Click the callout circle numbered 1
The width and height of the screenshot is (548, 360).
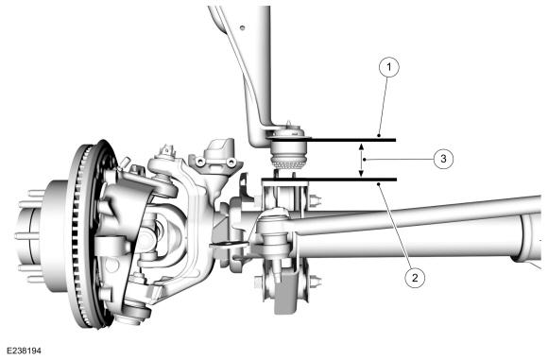(389, 66)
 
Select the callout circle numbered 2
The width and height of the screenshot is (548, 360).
(415, 278)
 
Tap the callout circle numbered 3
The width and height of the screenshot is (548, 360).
(443, 159)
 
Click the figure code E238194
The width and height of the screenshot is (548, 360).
(24, 351)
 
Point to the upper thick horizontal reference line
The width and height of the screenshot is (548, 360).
(332, 140)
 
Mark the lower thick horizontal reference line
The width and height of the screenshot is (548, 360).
(329, 180)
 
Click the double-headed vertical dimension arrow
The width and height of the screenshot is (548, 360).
(362, 160)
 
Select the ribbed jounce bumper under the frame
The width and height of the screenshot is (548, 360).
(288, 162)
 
